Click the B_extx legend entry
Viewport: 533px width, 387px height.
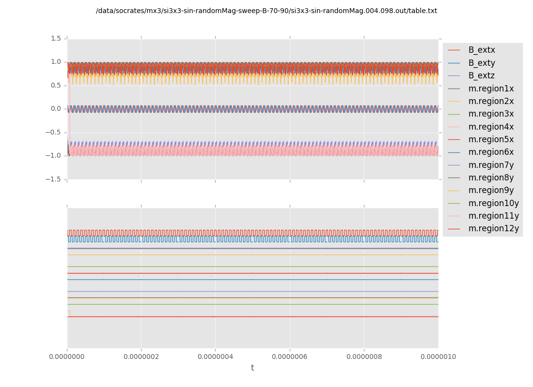tap(482, 50)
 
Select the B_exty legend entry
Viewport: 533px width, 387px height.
tap(482, 63)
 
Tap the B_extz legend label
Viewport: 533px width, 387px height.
tap(482, 75)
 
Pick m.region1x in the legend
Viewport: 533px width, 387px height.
tap(491, 89)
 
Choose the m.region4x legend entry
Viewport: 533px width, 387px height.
tap(491, 127)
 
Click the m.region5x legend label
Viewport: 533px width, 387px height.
tap(491, 139)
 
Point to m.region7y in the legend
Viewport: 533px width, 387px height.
tap(491, 165)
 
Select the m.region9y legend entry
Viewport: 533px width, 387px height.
tap(491, 190)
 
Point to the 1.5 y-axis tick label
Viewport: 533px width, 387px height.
tap(56, 38)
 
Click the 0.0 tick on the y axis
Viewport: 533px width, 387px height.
tap(56, 109)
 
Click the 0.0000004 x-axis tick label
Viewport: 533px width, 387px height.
tap(216, 357)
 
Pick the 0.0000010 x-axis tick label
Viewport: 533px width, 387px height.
tap(438, 357)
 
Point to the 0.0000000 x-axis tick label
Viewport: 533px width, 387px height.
tap(67, 357)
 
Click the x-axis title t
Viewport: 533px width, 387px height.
tap(252, 368)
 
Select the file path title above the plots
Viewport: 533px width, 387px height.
tap(266, 11)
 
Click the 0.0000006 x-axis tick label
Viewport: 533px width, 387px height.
tap(290, 357)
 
